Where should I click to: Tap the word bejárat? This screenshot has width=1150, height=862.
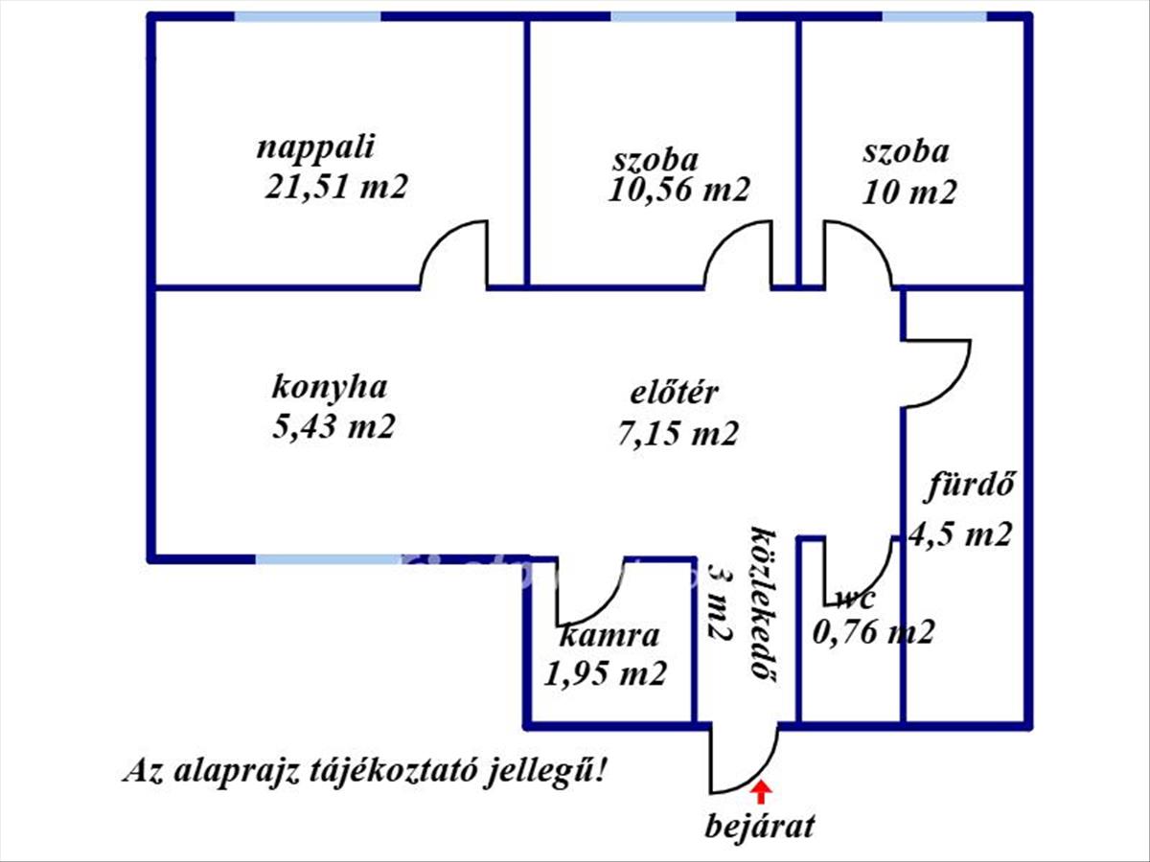pyautogui.click(x=760, y=828)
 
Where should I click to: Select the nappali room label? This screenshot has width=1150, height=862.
pyautogui.click(x=316, y=148)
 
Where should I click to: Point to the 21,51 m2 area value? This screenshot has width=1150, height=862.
pyautogui.click(x=335, y=187)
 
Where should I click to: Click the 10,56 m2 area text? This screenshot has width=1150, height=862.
pyautogui.click(x=679, y=190)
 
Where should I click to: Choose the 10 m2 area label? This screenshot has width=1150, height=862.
pyautogui.click(x=909, y=193)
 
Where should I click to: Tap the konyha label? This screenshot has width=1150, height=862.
pyautogui.click(x=330, y=388)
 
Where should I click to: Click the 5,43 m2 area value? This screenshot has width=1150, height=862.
pyautogui.click(x=333, y=426)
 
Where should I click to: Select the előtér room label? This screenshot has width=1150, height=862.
pyautogui.click(x=674, y=392)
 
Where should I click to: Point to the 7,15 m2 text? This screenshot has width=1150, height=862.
pyautogui.click(x=678, y=433)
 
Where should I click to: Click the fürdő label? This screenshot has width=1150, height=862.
pyautogui.click(x=969, y=487)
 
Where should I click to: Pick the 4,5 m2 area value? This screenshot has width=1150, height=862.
pyautogui.click(x=960, y=534)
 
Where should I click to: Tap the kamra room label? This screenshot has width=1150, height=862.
pyautogui.click(x=609, y=635)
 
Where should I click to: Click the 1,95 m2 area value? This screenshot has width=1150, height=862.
pyautogui.click(x=605, y=673)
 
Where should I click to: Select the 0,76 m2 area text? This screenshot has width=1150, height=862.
pyautogui.click(x=873, y=632)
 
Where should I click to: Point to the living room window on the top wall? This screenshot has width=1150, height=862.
pyautogui.click(x=308, y=16)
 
